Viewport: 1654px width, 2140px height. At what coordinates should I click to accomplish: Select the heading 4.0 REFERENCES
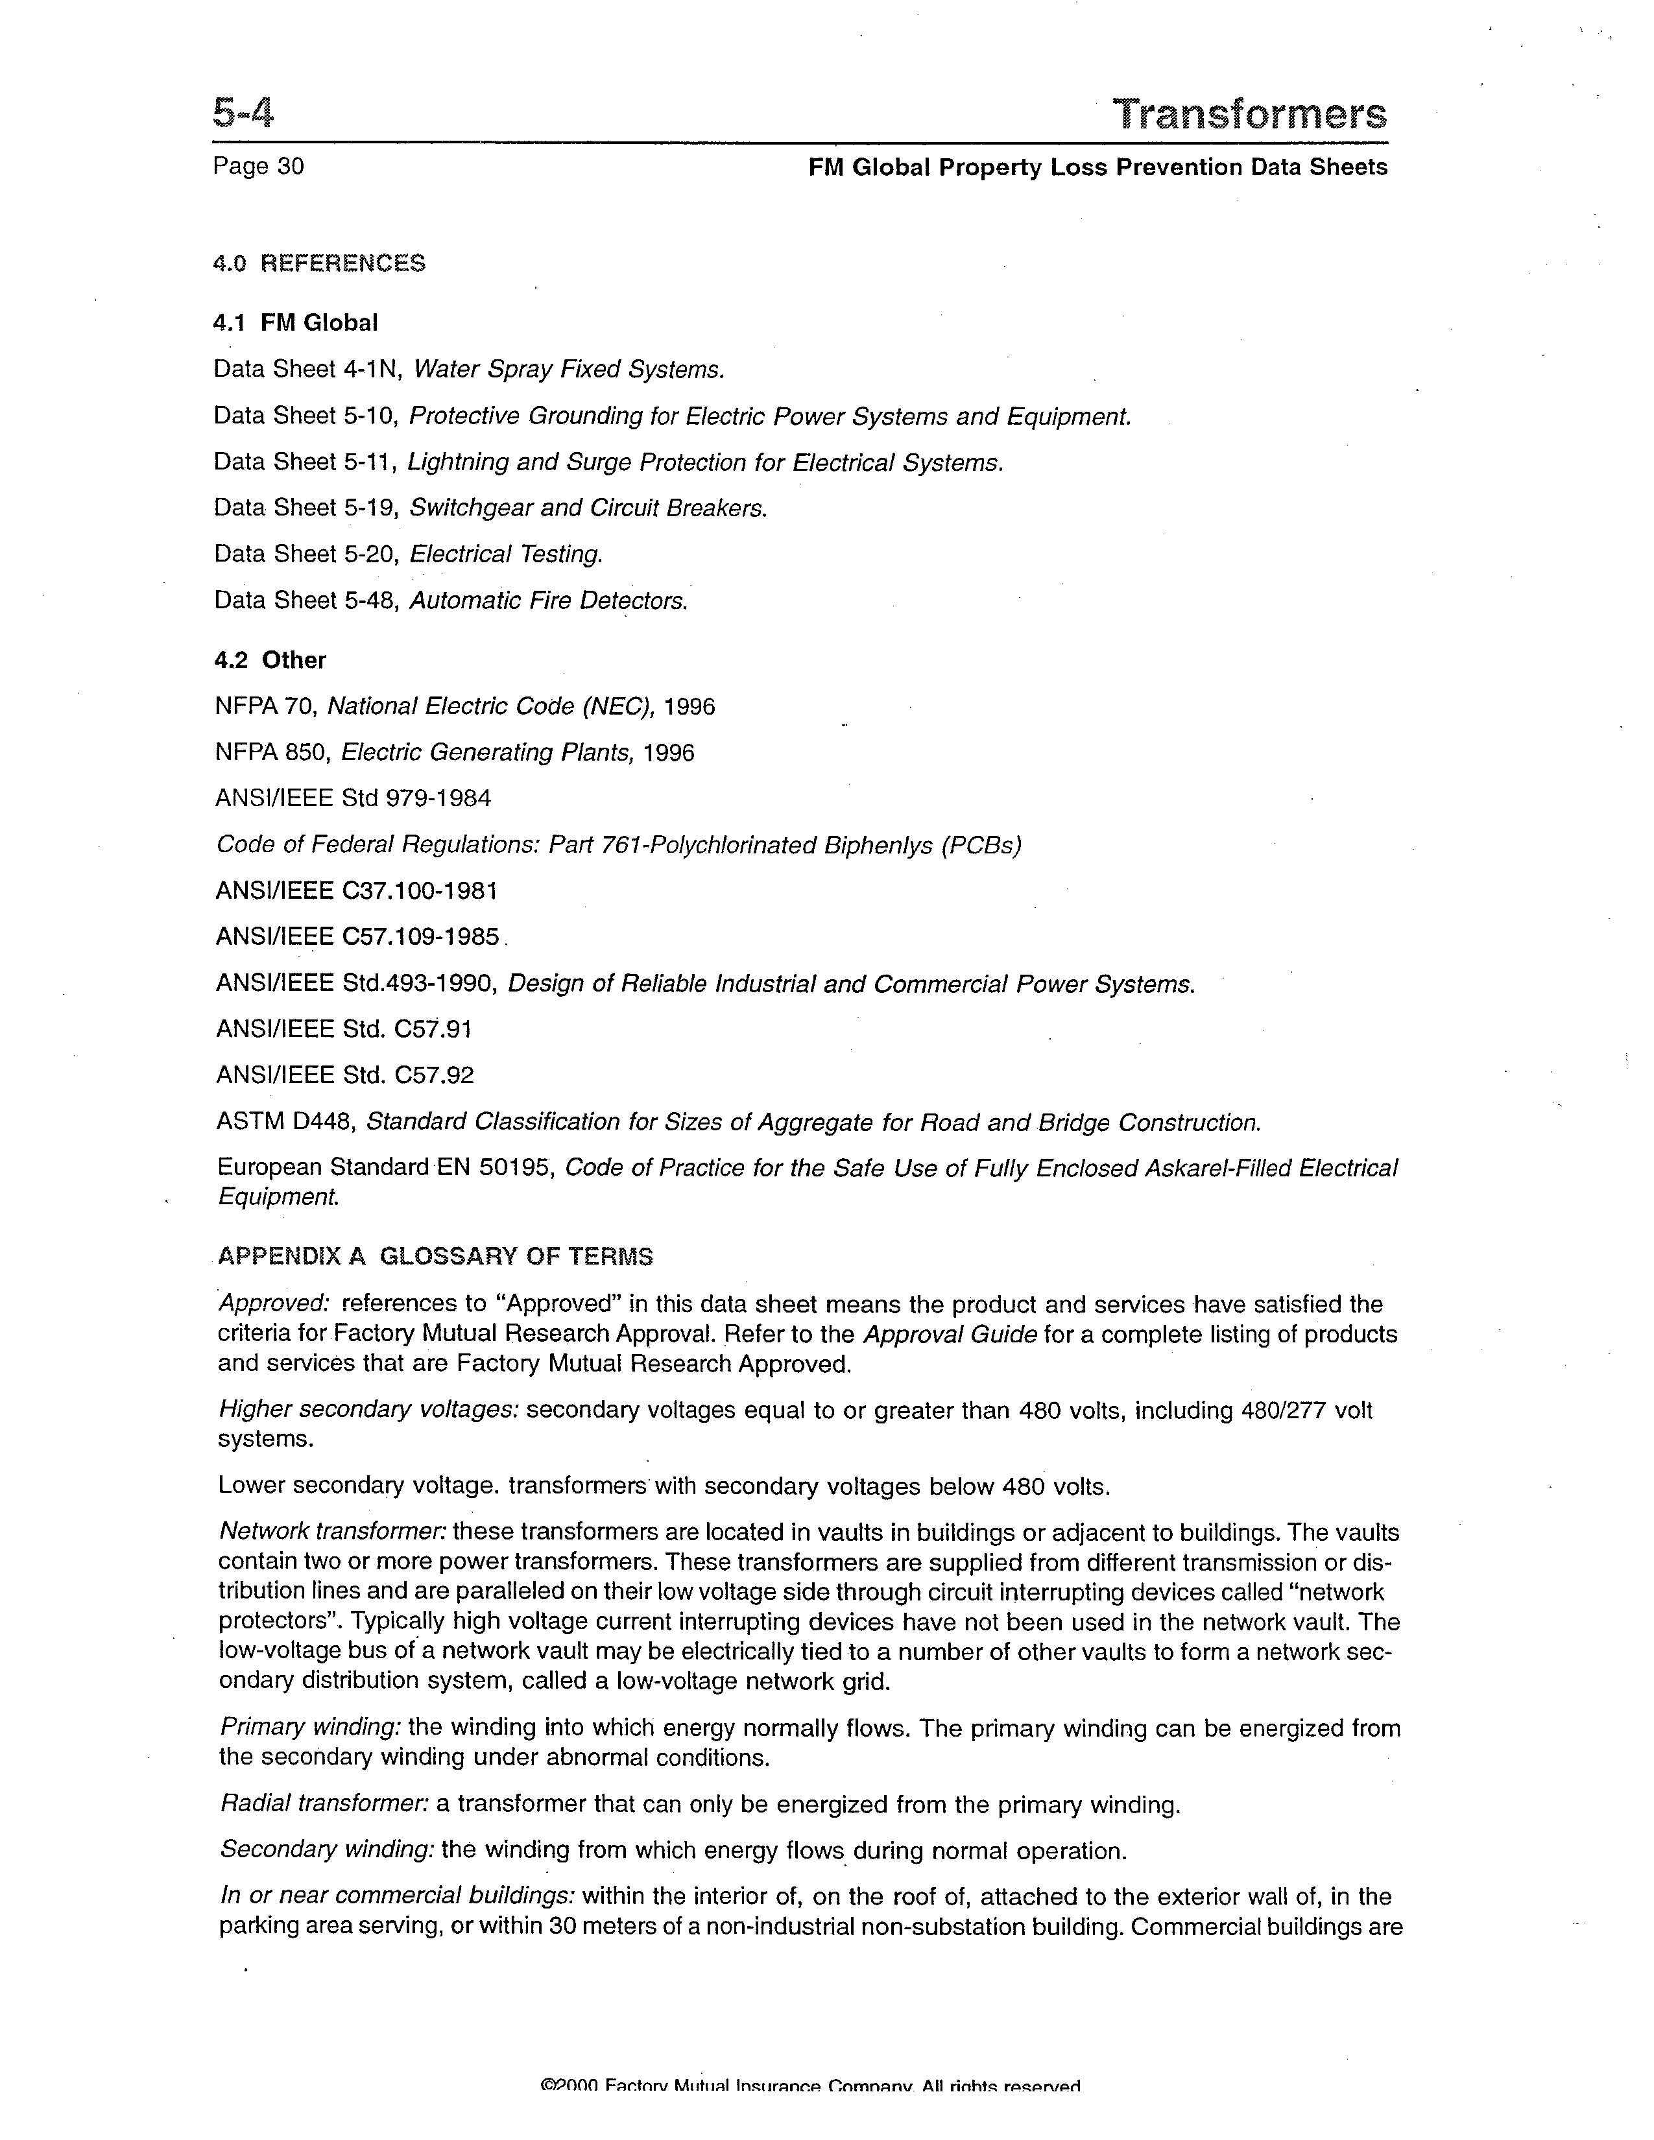pyautogui.click(x=319, y=263)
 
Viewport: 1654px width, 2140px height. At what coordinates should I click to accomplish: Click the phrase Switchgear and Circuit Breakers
pyautogui.click(x=588, y=508)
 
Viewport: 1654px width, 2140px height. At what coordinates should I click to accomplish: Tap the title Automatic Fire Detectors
pyautogui.click(x=549, y=600)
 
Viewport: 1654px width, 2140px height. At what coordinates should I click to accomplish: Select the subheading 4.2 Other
pyautogui.click(x=270, y=660)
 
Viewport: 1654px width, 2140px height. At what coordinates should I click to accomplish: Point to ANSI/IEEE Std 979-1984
pyautogui.click(x=353, y=798)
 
